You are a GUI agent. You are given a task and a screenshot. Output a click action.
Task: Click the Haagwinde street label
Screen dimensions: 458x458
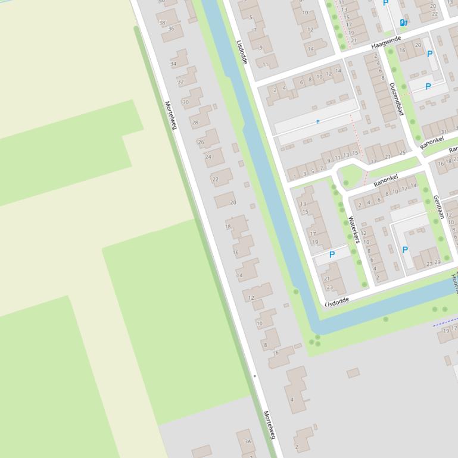point(386,42)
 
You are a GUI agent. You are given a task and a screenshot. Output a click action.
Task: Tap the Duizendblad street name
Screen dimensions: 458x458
point(396,98)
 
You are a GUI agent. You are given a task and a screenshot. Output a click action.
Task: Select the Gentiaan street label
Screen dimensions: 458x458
point(439,207)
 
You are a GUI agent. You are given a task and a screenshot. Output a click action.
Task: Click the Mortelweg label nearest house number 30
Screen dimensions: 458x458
point(171,114)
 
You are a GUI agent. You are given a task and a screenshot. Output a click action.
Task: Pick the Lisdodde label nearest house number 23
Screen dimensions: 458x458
point(337,302)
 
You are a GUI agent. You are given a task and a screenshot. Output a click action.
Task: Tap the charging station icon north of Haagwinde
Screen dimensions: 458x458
point(403,23)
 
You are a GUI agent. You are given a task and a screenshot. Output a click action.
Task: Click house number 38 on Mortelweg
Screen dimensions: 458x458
point(161,23)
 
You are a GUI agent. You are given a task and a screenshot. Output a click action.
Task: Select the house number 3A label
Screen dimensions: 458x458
point(248,441)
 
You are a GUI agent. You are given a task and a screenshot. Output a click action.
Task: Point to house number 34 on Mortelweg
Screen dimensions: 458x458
point(173,64)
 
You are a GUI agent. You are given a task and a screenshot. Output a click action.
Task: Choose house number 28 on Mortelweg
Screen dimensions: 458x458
point(194,123)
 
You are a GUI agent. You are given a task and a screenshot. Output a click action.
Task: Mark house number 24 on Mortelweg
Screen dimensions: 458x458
point(208,157)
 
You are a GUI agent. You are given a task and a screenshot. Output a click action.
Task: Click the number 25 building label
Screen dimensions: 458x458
point(403,153)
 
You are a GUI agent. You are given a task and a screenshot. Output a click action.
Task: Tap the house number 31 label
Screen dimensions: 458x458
point(443,132)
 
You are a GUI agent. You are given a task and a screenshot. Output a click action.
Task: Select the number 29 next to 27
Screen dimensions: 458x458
point(438,262)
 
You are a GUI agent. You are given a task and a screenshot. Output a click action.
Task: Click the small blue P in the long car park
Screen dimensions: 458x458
point(317,122)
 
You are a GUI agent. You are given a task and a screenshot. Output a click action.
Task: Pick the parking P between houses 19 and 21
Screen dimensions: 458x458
point(332,255)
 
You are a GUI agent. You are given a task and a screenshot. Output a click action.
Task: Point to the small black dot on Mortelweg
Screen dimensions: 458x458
point(254,376)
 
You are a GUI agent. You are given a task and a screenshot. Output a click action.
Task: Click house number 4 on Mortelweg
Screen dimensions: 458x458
point(292,400)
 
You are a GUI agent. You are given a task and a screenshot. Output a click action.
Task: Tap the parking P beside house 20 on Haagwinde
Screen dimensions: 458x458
point(429,54)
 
